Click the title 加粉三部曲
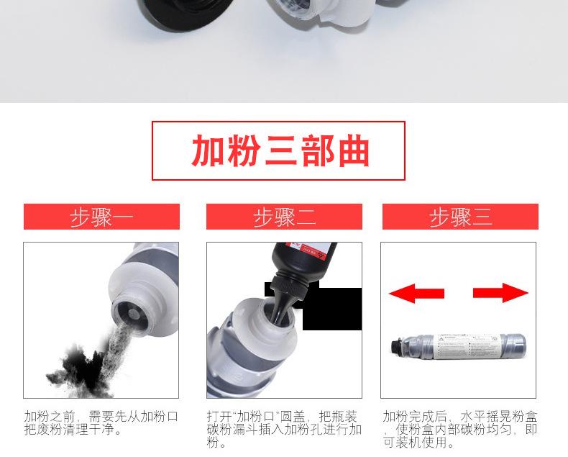[279, 150]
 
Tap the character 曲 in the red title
[352, 150]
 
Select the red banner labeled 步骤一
[101, 217]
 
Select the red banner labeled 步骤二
[284, 217]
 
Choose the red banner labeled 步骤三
[460, 217]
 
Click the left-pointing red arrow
[416, 293]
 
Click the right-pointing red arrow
[501, 293]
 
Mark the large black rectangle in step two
[331, 309]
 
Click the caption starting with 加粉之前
[101, 423]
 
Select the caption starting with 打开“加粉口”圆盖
[284, 430]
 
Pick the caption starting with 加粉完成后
[459, 430]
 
